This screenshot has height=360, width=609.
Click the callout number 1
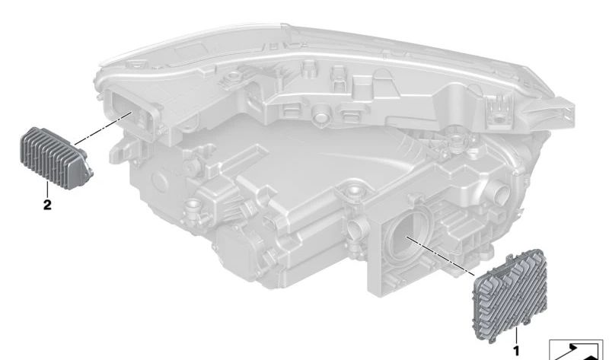[x=516, y=352]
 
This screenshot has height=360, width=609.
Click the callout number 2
[x=47, y=205]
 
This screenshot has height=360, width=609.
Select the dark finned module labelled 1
[x=509, y=296]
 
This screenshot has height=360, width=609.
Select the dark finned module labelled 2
[x=55, y=158]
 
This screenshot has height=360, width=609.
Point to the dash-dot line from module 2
[x=104, y=128]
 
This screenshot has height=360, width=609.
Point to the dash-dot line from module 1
[x=440, y=255]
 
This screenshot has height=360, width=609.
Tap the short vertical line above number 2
[x=47, y=189]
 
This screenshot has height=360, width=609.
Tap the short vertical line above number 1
[x=517, y=336]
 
